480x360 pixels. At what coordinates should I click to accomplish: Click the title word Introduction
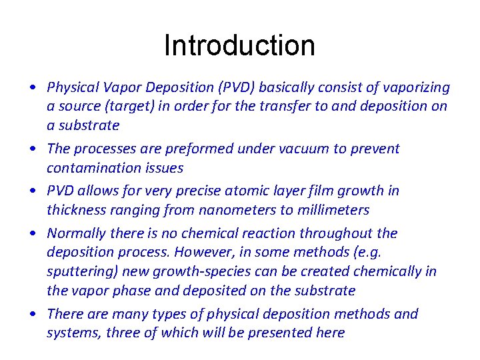click(239, 45)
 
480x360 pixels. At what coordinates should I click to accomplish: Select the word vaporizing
click(416, 87)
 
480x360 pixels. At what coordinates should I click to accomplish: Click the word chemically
click(385, 271)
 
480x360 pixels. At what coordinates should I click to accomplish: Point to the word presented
click(280, 333)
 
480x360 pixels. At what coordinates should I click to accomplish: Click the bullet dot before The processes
click(32, 149)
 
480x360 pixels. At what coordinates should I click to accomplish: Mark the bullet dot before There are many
click(32, 314)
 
